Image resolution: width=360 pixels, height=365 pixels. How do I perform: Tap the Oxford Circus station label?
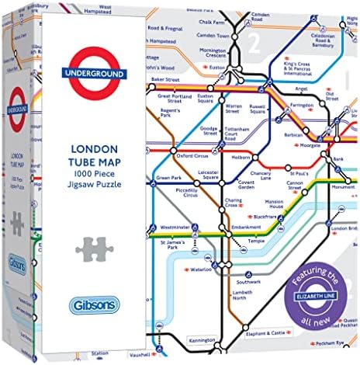(192, 155)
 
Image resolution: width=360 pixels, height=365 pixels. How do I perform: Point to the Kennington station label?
(202, 339)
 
